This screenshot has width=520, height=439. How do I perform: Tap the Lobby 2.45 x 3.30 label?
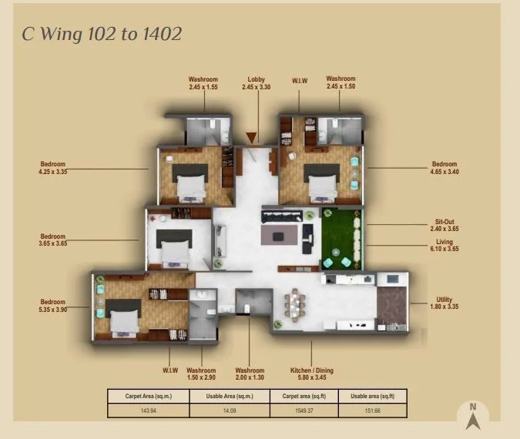tap(257, 83)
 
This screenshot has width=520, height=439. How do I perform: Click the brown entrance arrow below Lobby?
tap(251, 139)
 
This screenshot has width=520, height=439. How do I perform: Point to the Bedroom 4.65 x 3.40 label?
tap(445, 168)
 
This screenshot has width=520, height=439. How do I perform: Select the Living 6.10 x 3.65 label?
tap(442, 246)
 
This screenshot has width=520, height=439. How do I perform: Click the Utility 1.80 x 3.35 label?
tap(444, 303)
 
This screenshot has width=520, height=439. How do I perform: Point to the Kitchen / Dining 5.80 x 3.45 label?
tap(311, 374)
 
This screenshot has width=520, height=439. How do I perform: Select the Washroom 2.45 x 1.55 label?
tap(203, 83)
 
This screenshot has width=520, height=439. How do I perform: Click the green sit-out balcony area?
tap(341, 236)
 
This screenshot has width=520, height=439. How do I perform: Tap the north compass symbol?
tap(473, 417)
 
